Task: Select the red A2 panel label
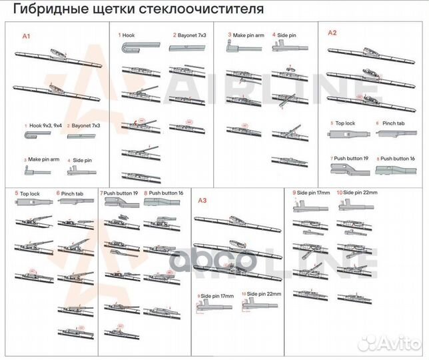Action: pos(332,33)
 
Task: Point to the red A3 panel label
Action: pos(203,199)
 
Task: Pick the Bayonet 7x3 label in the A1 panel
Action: pos(86,125)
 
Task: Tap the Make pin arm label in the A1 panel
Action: pos(43,160)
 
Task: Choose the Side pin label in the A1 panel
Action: pos(82,160)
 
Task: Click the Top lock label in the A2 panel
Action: pos(345,123)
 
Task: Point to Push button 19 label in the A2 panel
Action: pos(350,158)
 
